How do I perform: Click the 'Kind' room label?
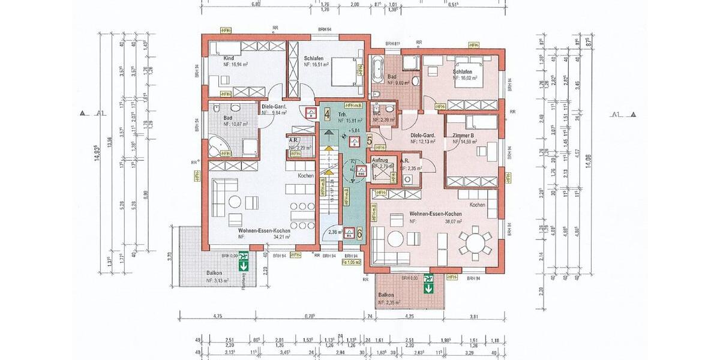229,58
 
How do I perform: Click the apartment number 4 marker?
327,112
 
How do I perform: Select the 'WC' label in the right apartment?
377,113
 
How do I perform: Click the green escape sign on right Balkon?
428,283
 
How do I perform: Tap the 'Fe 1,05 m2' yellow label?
351,262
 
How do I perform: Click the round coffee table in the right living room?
396,239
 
